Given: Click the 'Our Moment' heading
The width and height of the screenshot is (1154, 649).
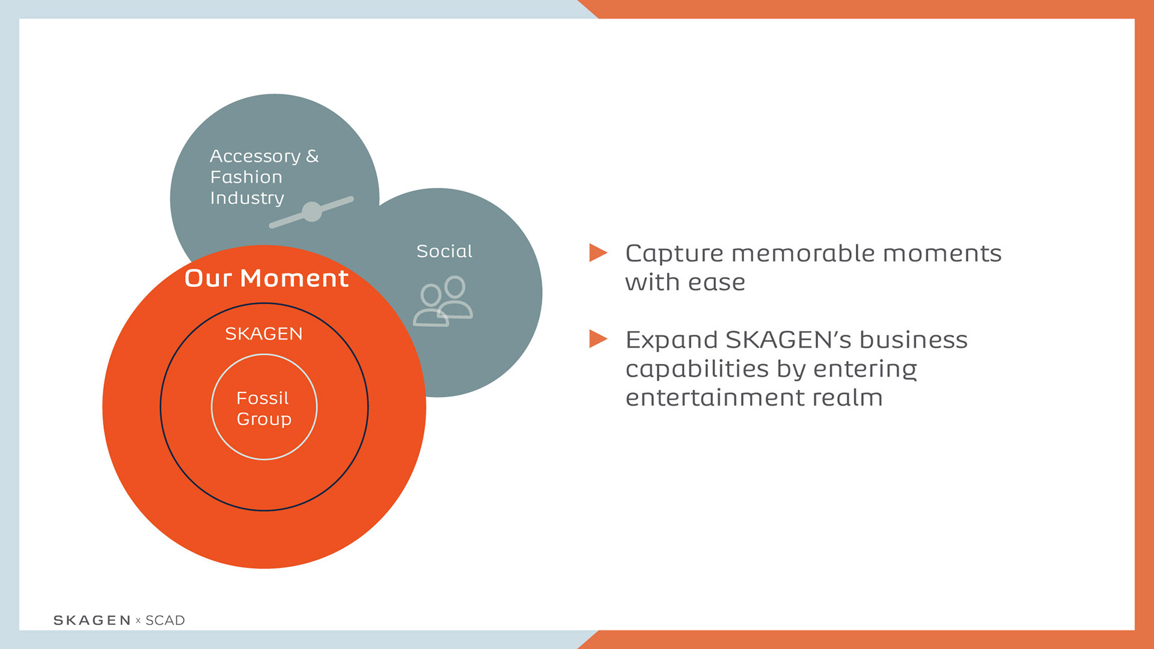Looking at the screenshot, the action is click(x=266, y=278).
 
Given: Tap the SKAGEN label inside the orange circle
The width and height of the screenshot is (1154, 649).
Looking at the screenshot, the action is click(x=264, y=334).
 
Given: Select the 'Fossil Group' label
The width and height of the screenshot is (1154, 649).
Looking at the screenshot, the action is click(x=264, y=408).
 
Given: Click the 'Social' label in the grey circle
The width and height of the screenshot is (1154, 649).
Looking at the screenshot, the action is click(x=444, y=251).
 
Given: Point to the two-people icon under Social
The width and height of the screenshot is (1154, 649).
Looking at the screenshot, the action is click(x=444, y=301).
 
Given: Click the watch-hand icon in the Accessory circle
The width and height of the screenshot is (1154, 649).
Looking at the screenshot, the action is click(x=311, y=212).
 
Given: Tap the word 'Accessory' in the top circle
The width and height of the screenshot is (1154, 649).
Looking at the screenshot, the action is click(x=255, y=156).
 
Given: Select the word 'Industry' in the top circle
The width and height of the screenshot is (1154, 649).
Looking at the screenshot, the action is click(x=247, y=198).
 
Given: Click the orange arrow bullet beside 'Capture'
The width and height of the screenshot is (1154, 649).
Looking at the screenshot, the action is click(x=598, y=252).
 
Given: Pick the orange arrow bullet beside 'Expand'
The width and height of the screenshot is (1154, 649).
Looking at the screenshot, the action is click(x=598, y=339).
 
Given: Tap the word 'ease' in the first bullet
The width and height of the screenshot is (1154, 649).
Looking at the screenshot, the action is click(x=717, y=282).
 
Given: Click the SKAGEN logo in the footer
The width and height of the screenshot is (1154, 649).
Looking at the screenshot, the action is click(x=92, y=620).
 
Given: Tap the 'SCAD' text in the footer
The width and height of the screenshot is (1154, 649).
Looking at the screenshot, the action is click(x=165, y=620).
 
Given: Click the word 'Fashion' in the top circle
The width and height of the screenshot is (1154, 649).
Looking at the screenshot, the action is click(x=246, y=177).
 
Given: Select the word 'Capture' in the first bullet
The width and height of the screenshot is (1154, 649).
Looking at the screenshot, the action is click(x=674, y=254).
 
